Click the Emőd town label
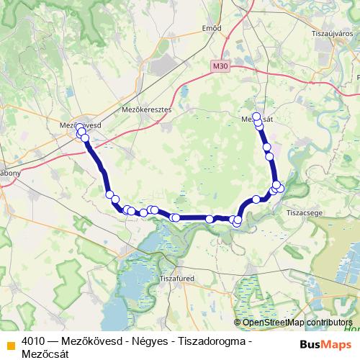[x=212, y=29]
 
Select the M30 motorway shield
[x=220, y=66]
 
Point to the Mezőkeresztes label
[x=148, y=110]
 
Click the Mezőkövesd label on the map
[x=75, y=125]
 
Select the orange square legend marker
[x=10, y=341]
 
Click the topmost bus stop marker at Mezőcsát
[x=256, y=116]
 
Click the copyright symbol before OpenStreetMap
[x=238, y=323]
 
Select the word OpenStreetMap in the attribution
[x=273, y=323]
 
